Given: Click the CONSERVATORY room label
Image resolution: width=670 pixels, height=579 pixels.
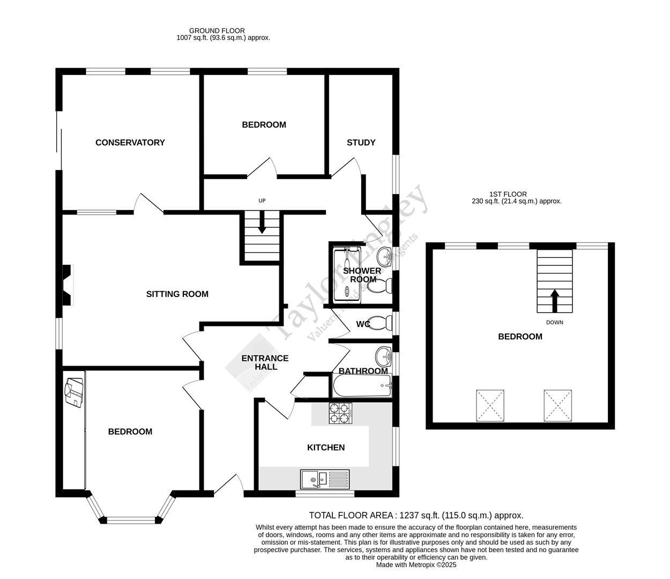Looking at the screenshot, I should pos(130,143).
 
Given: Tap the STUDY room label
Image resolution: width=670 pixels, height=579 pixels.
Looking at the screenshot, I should pos(361,143).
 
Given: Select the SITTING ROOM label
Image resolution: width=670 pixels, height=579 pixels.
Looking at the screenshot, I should pos(177,294).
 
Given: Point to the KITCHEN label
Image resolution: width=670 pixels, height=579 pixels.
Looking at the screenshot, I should pos(325,448).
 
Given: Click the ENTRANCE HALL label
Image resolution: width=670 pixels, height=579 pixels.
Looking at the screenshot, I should pos(265,363).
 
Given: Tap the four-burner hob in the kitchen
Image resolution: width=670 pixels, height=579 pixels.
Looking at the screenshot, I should pos(340,413).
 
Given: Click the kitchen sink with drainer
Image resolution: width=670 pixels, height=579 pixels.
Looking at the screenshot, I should pos(325,479).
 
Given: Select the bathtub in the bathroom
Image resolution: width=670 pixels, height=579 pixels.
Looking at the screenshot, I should pos(363,385).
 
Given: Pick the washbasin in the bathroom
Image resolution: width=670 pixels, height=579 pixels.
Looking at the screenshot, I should pos(384,355).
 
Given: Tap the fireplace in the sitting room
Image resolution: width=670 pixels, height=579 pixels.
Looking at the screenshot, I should pos(68,285).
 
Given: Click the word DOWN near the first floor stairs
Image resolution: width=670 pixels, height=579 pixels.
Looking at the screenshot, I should pos(555,323).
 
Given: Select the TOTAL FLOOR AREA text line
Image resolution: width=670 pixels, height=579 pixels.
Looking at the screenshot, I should pos(416,516).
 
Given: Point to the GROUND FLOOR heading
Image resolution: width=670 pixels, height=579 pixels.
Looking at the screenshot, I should pos(217,31).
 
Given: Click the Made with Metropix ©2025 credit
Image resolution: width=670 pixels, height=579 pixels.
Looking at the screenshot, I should pos(416,565).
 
